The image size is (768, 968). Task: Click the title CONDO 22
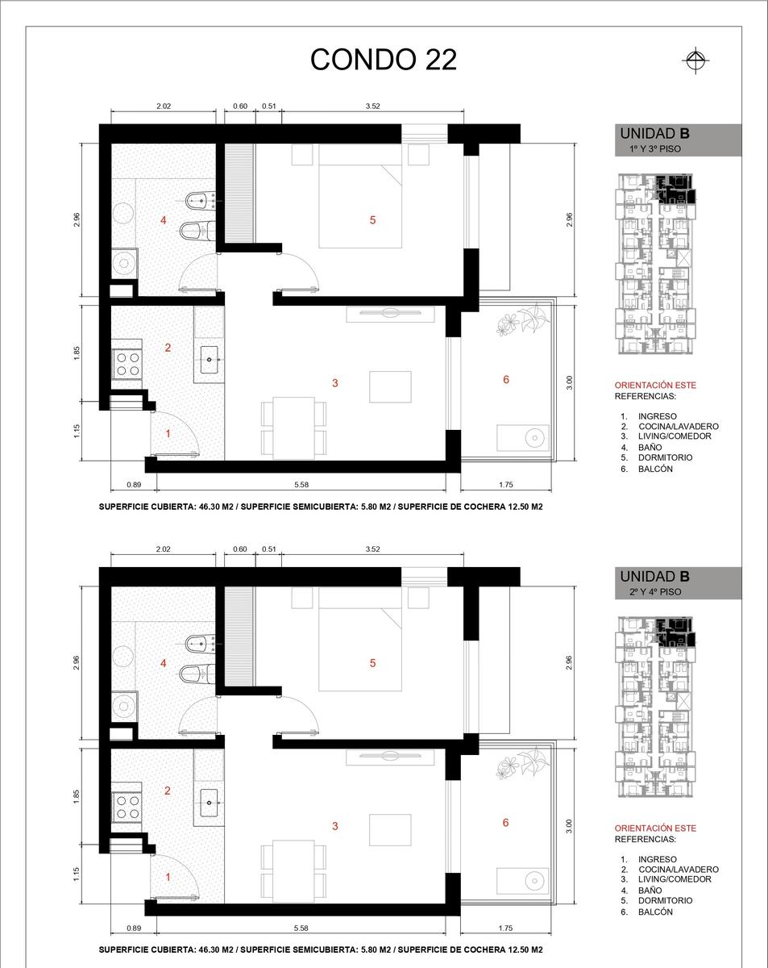(x=384, y=59)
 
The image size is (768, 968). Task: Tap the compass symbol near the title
(x=695, y=60)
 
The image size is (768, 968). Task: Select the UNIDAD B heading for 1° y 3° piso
(x=654, y=134)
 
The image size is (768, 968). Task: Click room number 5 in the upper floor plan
(x=372, y=220)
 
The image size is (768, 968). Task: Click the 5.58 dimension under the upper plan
(x=301, y=485)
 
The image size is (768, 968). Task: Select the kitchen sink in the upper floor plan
(x=209, y=360)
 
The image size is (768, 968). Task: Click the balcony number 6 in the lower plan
(x=505, y=823)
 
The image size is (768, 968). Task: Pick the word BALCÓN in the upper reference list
(x=655, y=469)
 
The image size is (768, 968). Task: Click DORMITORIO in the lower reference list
(x=665, y=900)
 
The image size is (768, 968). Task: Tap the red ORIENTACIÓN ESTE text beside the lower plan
(x=655, y=828)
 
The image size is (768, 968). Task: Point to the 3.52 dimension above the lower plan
(x=372, y=549)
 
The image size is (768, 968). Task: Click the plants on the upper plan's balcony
(x=523, y=319)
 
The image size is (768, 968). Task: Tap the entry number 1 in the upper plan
(x=168, y=434)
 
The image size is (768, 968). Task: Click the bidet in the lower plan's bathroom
(x=201, y=644)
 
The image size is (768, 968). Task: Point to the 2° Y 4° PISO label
(x=655, y=592)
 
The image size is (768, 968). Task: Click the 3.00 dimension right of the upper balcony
(x=570, y=383)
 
